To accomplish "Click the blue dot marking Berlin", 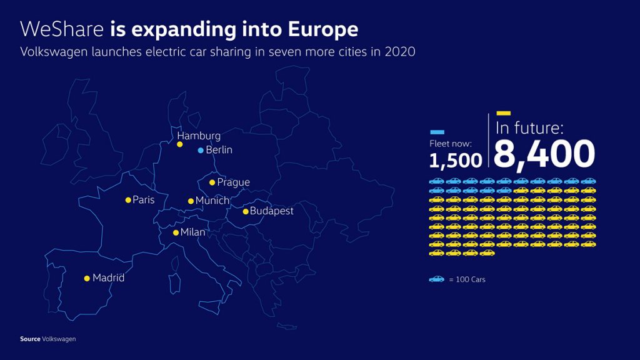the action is tap(201, 150).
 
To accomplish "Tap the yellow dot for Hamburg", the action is tap(179, 144).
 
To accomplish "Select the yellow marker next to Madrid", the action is tap(87, 278).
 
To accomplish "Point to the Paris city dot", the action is tap(128, 200).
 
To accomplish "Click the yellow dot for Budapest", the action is tap(246, 211).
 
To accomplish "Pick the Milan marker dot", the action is tap(176, 232).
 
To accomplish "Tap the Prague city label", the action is tap(234, 182).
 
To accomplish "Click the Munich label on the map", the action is tap(212, 201).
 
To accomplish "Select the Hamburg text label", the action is tap(199, 136).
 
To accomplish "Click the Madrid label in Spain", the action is tap(109, 278).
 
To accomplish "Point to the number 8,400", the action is tap(544, 154).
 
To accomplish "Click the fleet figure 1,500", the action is tap(456, 161).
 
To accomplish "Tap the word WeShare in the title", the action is tap(62, 29).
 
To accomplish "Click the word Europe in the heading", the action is tap(323, 29).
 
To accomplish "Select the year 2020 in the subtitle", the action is tap(399, 52).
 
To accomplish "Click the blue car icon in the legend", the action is tap(436, 279).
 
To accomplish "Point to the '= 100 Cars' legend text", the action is tap(467, 279).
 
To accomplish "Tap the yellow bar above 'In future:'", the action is tap(503, 113).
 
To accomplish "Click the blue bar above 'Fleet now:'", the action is tap(437, 132).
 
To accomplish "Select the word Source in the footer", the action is tap(30, 339).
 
